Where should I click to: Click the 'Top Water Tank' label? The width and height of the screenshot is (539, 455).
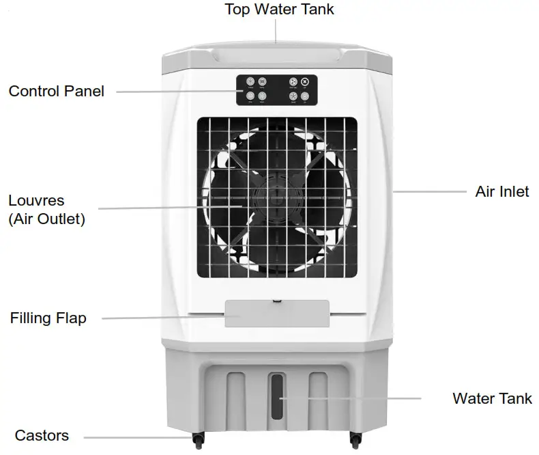(280, 10)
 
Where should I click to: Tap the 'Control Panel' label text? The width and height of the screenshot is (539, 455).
(56, 91)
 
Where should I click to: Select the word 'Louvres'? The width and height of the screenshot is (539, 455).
(36, 201)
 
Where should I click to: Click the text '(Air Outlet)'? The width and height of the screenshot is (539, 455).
(46, 220)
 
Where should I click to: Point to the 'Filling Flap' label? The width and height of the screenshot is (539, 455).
(48, 318)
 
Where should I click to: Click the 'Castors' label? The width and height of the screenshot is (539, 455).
(42, 436)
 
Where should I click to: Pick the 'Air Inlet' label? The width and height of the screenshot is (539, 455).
(502, 191)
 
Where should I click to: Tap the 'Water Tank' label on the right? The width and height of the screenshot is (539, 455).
(492, 398)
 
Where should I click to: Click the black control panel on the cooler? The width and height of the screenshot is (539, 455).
(277, 89)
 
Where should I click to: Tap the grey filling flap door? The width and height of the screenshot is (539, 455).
(277, 314)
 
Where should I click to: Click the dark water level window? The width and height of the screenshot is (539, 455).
(276, 396)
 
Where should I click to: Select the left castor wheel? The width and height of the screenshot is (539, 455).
(198, 438)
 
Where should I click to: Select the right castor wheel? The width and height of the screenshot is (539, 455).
(355, 438)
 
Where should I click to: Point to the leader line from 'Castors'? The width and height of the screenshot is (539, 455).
(136, 437)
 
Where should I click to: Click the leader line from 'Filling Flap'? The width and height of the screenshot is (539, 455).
(164, 318)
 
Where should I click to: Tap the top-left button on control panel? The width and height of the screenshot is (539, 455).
(250, 81)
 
